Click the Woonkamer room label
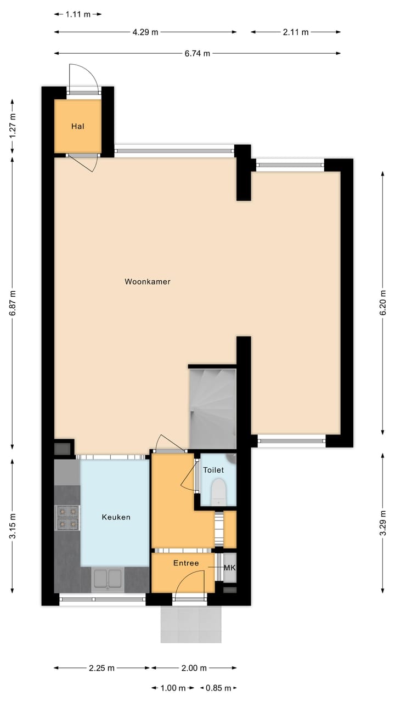click(148, 282)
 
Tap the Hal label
click(77, 127)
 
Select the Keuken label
click(116, 517)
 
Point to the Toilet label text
click(213, 470)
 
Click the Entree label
click(186, 563)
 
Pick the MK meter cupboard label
click(229, 568)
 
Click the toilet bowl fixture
click(218, 491)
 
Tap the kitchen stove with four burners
click(67, 518)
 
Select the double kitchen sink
click(108, 579)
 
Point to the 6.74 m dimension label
click(198, 53)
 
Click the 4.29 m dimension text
click(145, 32)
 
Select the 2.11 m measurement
click(296, 32)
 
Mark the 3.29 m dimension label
click(382, 522)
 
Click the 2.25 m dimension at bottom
click(101, 668)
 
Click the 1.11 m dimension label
click(78, 14)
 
